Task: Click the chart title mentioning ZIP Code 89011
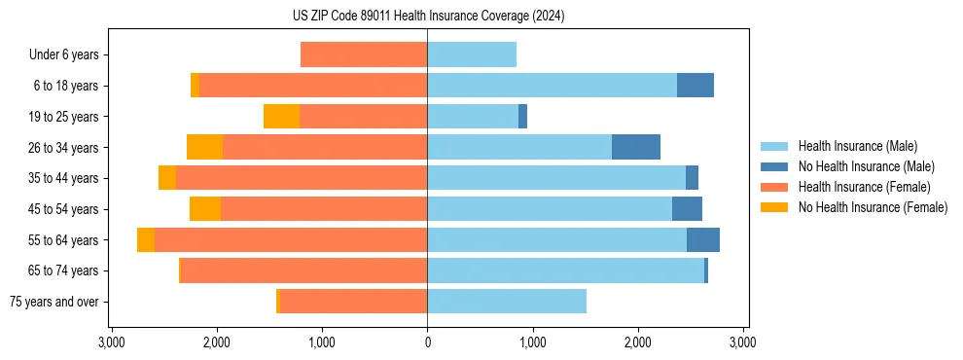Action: coord(428,17)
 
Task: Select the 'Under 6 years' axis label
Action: coord(63,54)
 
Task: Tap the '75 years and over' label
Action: coord(54,302)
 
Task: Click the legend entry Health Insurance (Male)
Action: coord(857,147)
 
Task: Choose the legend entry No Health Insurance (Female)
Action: coord(873,207)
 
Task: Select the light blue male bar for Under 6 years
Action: coord(472,54)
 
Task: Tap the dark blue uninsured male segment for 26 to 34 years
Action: coord(636,147)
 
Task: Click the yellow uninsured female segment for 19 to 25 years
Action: coord(281,117)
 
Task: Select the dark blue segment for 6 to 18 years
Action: coord(695,86)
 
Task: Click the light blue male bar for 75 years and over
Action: coord(507,302)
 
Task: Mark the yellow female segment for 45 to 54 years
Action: coord(205,209)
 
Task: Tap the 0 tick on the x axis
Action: coord(427,343)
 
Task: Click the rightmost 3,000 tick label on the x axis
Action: coord(743,343)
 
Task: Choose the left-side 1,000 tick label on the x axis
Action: coord(321,343)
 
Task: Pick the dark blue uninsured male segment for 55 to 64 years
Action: coord(703,240)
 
